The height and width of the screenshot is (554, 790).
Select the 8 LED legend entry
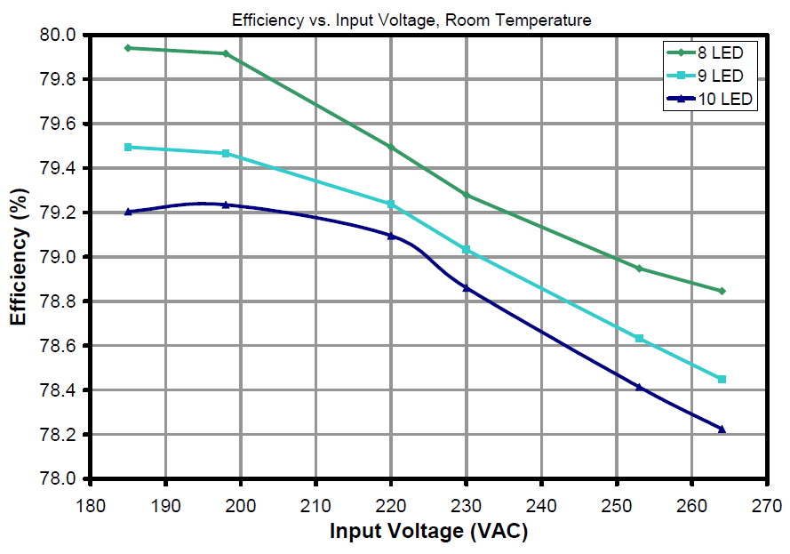[710, 52]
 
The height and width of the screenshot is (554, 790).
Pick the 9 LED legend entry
[710, 76]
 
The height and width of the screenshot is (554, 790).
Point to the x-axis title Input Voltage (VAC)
[429, 532]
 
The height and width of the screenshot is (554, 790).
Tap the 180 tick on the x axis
[90, 505]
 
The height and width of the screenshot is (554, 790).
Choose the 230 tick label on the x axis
[467, 505]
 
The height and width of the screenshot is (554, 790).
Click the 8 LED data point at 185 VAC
[128, 48]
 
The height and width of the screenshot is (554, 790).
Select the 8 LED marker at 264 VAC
[722, 291]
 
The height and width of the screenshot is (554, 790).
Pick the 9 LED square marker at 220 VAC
[391, 204]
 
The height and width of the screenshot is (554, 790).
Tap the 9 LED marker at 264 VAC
[722, 379]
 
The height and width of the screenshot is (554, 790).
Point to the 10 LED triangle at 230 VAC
[467, 287]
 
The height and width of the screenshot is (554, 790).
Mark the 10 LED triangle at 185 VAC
[128, 212]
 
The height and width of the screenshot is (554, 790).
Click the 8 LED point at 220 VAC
[391, 147]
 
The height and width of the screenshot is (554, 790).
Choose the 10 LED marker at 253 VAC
[639, 387]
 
